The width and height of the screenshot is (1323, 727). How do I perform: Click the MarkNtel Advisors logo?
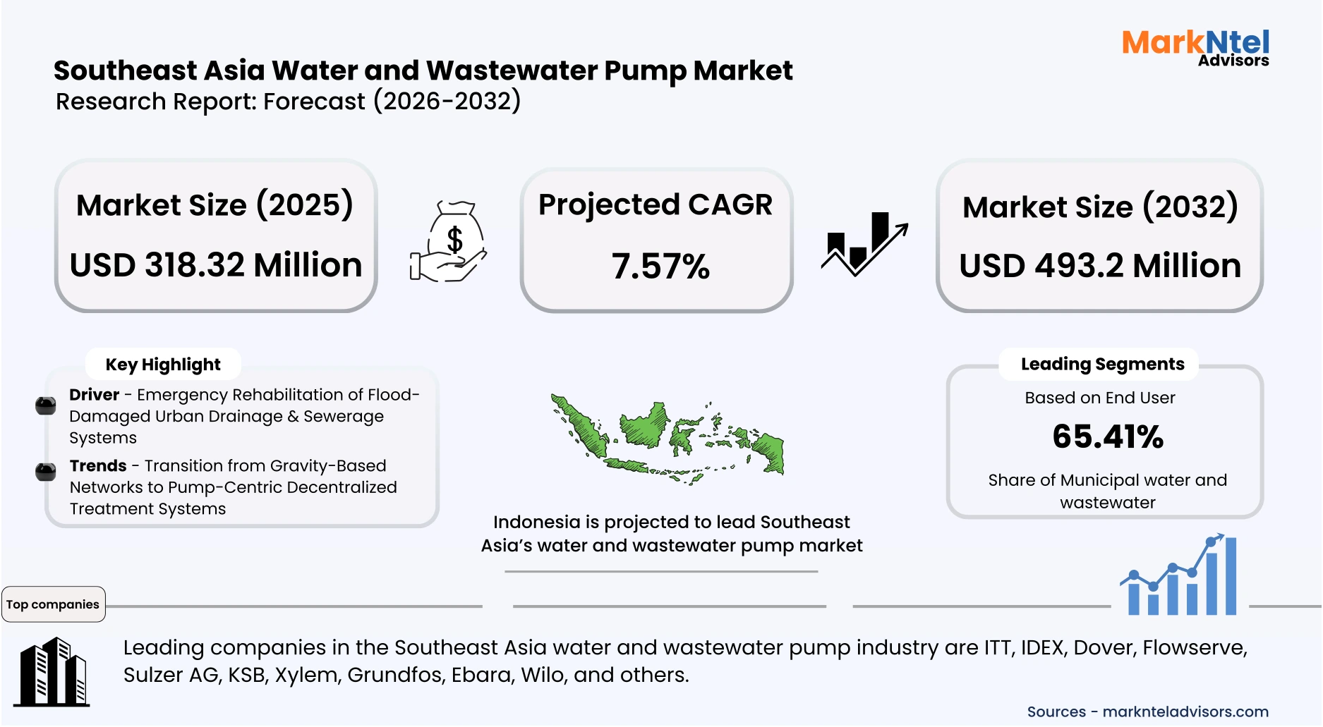(1195, 48)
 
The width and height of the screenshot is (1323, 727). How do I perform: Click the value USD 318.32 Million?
(216, 265)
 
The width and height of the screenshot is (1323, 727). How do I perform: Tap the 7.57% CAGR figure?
(660, 267)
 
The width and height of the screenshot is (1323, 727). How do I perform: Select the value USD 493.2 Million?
(1100, 266)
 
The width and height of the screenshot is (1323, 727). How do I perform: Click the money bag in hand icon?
(450, 243)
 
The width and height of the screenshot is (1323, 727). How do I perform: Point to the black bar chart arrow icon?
(864, 243)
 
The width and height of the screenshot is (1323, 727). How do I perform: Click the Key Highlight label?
(163, 365)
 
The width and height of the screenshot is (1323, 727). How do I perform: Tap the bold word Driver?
(94, 395)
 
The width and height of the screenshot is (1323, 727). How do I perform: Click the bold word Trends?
(97, 466)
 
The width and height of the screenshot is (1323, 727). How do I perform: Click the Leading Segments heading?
(1102, 364)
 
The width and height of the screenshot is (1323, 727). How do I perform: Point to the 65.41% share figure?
(1107, 436)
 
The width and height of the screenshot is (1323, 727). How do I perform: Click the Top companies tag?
(53, 604)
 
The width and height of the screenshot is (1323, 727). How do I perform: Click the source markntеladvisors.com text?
(1185, 711)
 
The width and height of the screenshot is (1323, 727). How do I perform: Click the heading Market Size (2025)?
(215, 205)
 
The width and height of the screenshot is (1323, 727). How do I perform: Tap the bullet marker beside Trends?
(46, 471)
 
